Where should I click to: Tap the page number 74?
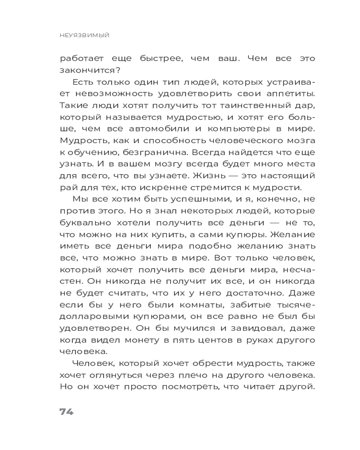[x=66, y=412]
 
